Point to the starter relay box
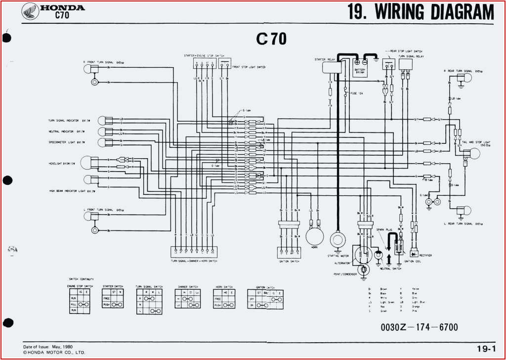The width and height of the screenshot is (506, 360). pyautogui.click(x=331, y=67)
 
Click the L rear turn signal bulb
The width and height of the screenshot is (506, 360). pyautogui.click(x=461, y=211)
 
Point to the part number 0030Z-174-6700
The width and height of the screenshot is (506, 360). pyautogui.click(x=419, y=327)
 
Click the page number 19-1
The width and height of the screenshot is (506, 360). pyautogui.click(x=486, y=348)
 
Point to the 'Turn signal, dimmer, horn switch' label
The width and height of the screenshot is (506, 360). pyautogui.click(x=194, y=261)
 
